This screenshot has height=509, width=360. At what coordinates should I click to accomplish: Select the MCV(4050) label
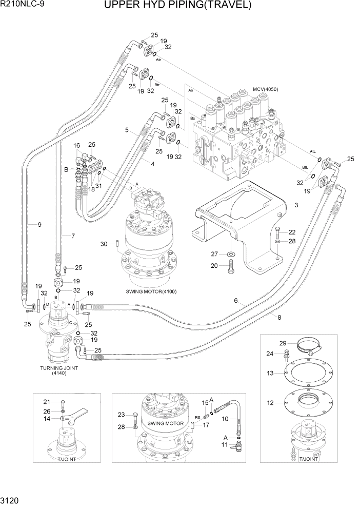[x=265, y=89]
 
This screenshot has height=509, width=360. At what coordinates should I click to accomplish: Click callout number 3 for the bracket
[x=296, y=205]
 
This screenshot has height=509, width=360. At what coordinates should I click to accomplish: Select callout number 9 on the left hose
[x=32, y=224]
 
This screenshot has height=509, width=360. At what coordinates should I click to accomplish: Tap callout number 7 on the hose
[x=73, y=236]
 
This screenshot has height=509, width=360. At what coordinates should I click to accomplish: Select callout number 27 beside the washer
[x=215, y=253]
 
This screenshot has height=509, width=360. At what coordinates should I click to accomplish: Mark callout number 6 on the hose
[x=236, y=301]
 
